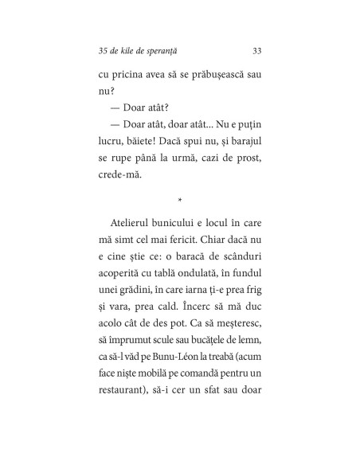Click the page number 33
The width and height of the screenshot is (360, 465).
point(257,52)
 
